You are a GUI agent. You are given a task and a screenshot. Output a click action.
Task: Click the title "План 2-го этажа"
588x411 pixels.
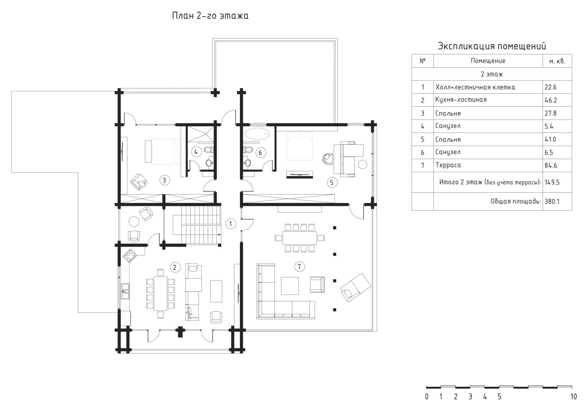pos(210,16)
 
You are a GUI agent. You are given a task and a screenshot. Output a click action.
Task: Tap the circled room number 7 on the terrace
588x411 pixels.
pos(299,266)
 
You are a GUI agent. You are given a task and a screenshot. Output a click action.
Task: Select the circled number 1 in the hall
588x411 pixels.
pos(231,224)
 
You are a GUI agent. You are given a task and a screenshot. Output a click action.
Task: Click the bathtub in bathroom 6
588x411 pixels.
pos(257,134)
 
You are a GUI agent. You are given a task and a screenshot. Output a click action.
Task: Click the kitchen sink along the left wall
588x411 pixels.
pos(125,291)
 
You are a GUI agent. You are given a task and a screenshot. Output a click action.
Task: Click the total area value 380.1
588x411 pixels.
pos(552,201)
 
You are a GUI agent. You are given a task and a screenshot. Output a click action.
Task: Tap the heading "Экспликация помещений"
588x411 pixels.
pos(492,46)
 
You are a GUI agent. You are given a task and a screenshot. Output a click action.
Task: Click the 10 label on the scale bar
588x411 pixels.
pos(574,397)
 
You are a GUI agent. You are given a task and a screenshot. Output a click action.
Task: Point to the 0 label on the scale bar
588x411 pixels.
pos(427,397)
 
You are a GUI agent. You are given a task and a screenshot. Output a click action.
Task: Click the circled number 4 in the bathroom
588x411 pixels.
pos(196,152)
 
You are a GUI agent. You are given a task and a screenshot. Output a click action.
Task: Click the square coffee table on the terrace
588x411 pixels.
pos(290,286)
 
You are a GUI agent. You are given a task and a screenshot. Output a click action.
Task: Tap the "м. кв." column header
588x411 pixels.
pos(557,61)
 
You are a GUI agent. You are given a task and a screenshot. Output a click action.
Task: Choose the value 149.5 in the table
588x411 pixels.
pos(552,182)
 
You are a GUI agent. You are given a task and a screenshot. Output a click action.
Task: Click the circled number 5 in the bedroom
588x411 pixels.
pos(331,182)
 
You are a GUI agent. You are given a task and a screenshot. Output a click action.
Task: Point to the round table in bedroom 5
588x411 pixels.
pos(363,164)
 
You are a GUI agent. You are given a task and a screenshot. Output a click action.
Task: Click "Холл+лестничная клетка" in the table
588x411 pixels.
pos(475,87)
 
